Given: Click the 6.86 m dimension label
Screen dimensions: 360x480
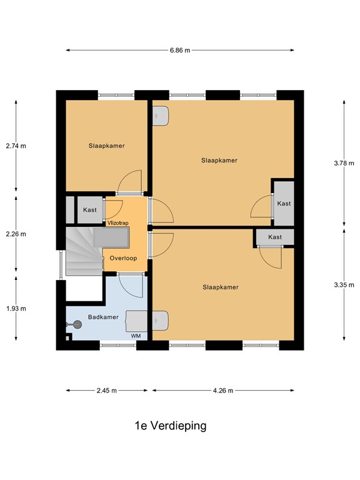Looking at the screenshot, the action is [180, 50].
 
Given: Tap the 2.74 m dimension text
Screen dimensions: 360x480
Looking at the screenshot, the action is [16, 146].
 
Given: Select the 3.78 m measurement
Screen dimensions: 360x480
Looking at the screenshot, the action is [344, 163].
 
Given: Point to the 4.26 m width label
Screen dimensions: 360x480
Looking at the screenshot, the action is [223, 391].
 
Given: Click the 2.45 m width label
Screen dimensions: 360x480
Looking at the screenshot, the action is [106, 391].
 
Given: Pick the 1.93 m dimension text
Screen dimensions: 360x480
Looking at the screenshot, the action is [16, 309].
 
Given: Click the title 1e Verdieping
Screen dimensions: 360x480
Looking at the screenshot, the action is [171, 426].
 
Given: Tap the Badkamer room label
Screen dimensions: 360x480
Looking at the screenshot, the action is [103, 317].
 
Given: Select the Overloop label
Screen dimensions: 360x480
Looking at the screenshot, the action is [123, 258].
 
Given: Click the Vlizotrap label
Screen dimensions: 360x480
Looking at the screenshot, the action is [118, 223].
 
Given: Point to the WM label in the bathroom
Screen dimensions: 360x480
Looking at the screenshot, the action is [136, 336].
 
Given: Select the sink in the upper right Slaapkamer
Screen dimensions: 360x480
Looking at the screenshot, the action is [161, 116].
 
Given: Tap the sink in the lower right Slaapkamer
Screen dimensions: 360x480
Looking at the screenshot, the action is [161, 321].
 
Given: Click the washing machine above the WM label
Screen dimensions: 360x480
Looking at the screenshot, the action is [136, 321].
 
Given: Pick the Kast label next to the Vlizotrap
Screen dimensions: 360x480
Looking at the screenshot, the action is [90, 210].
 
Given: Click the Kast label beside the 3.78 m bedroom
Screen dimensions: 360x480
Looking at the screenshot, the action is [284, 204].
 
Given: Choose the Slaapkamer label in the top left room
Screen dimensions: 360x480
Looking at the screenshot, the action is [106, 146].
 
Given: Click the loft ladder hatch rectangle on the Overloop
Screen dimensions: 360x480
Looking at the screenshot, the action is [111, 237].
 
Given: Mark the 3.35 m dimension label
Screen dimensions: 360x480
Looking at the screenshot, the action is [344, 285].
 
